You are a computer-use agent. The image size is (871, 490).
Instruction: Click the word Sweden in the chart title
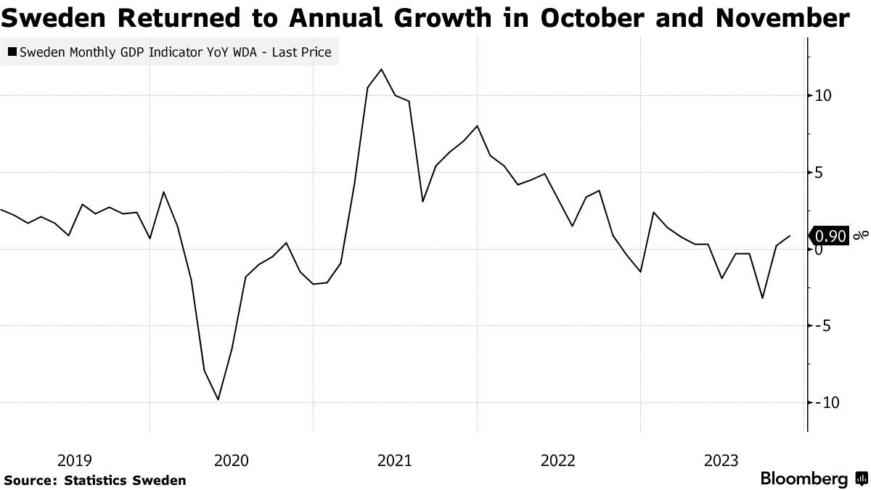coord(53,18)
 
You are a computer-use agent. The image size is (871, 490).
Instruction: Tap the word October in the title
coord(592,18)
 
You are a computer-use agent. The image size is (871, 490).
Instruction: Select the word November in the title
coord(782,18)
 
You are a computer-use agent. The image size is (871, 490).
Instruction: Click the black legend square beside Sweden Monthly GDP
coord(12,52)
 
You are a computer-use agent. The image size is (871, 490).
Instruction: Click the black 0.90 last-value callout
coord(829,236)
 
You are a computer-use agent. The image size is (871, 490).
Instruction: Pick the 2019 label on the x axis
coord(75,461)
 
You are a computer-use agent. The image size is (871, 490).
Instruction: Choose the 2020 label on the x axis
coord(232,461)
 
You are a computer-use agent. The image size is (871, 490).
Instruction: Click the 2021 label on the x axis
coord(395,461)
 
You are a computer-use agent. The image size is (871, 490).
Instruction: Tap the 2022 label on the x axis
coord(558,461)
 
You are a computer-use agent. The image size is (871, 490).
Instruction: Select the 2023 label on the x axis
coord(721,461)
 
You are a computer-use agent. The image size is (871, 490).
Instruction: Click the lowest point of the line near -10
coord(218,399)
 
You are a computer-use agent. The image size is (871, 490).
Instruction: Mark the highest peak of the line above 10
coord(381,69)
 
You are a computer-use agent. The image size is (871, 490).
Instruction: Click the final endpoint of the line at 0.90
coord(790,236)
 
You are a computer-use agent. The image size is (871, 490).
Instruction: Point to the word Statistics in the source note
coord(90,481)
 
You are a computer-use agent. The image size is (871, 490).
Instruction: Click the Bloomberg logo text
coord(804,478)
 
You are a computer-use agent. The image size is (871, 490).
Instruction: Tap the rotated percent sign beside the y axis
coord(861,235)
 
